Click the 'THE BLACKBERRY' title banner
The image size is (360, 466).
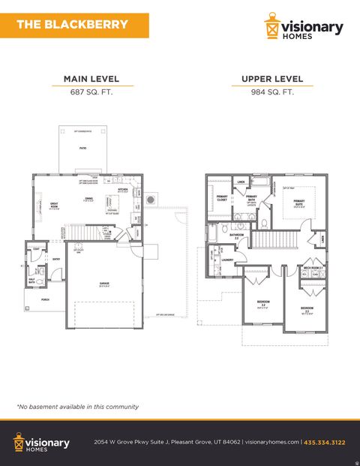[72, 24]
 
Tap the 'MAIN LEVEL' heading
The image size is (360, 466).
[91, 79]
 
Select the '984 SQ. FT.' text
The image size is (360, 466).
[272, 93]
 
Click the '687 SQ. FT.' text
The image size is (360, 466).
[91, 93]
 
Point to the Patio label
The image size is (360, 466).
[83, 149]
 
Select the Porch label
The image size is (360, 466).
[35, 298]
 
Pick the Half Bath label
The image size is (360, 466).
[32, 281]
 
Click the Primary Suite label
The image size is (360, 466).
[299, 202]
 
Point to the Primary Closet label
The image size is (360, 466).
[222, 198]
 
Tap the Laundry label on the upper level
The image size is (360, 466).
[227, 260]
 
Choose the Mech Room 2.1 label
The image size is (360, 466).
[313, 267]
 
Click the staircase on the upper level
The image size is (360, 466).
[265, 239]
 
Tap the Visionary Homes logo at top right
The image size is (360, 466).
[304, 29]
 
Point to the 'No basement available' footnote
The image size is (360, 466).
[77, 407]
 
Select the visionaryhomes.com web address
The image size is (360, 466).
[272, 443]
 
